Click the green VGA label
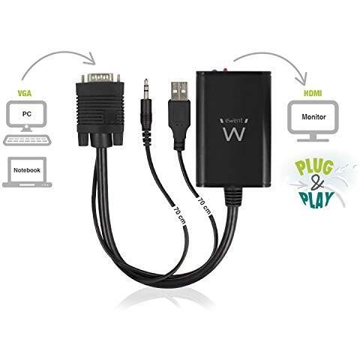[x=25, y=94]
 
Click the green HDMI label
[x=313, y=94]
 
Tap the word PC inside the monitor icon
[x=27, y=114]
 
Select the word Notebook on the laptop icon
[x=27, y=170]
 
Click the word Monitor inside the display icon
[x=313, y=117]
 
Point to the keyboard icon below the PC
[x=28, y=140]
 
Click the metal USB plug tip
[x=179, y=91]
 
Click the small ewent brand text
[x=233, y=121]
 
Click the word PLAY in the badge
[x=317, y=199]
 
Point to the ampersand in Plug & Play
[x=318, y=184]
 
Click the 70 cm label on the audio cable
[x=180, y=214]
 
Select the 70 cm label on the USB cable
[x=205, y=205]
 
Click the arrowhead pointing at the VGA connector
[x=92, y=59]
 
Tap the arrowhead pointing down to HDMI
[x=301, y=79]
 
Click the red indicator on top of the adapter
[x=225, y=70]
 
